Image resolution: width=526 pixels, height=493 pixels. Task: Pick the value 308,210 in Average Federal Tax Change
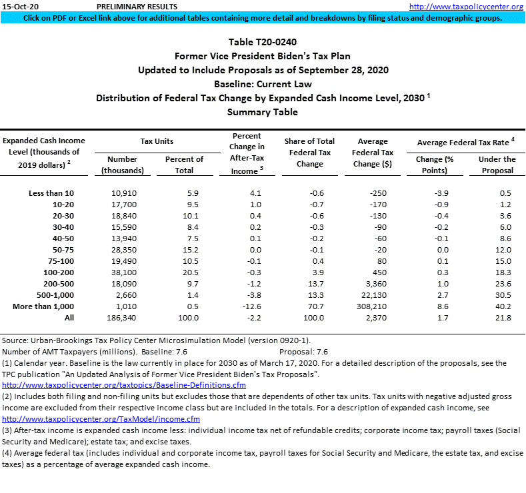372,306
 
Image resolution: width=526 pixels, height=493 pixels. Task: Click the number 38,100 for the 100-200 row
123,272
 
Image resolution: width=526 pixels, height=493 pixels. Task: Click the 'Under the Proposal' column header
497,165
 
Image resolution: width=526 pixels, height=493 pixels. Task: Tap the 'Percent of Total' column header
184,165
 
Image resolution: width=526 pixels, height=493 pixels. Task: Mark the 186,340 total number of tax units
122,317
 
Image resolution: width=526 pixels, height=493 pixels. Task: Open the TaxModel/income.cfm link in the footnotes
101,419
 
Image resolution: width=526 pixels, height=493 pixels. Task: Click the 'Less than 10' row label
51,193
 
